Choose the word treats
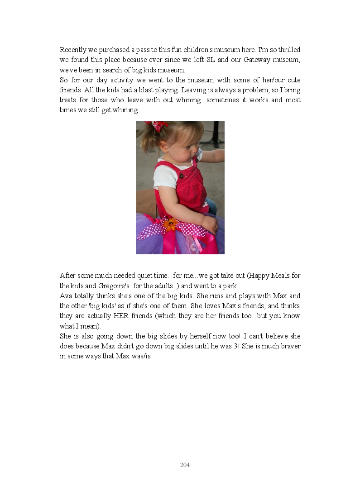[68, 100]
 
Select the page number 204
[185, 465]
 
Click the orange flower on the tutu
[171, 224]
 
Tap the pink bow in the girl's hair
[157, 126]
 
